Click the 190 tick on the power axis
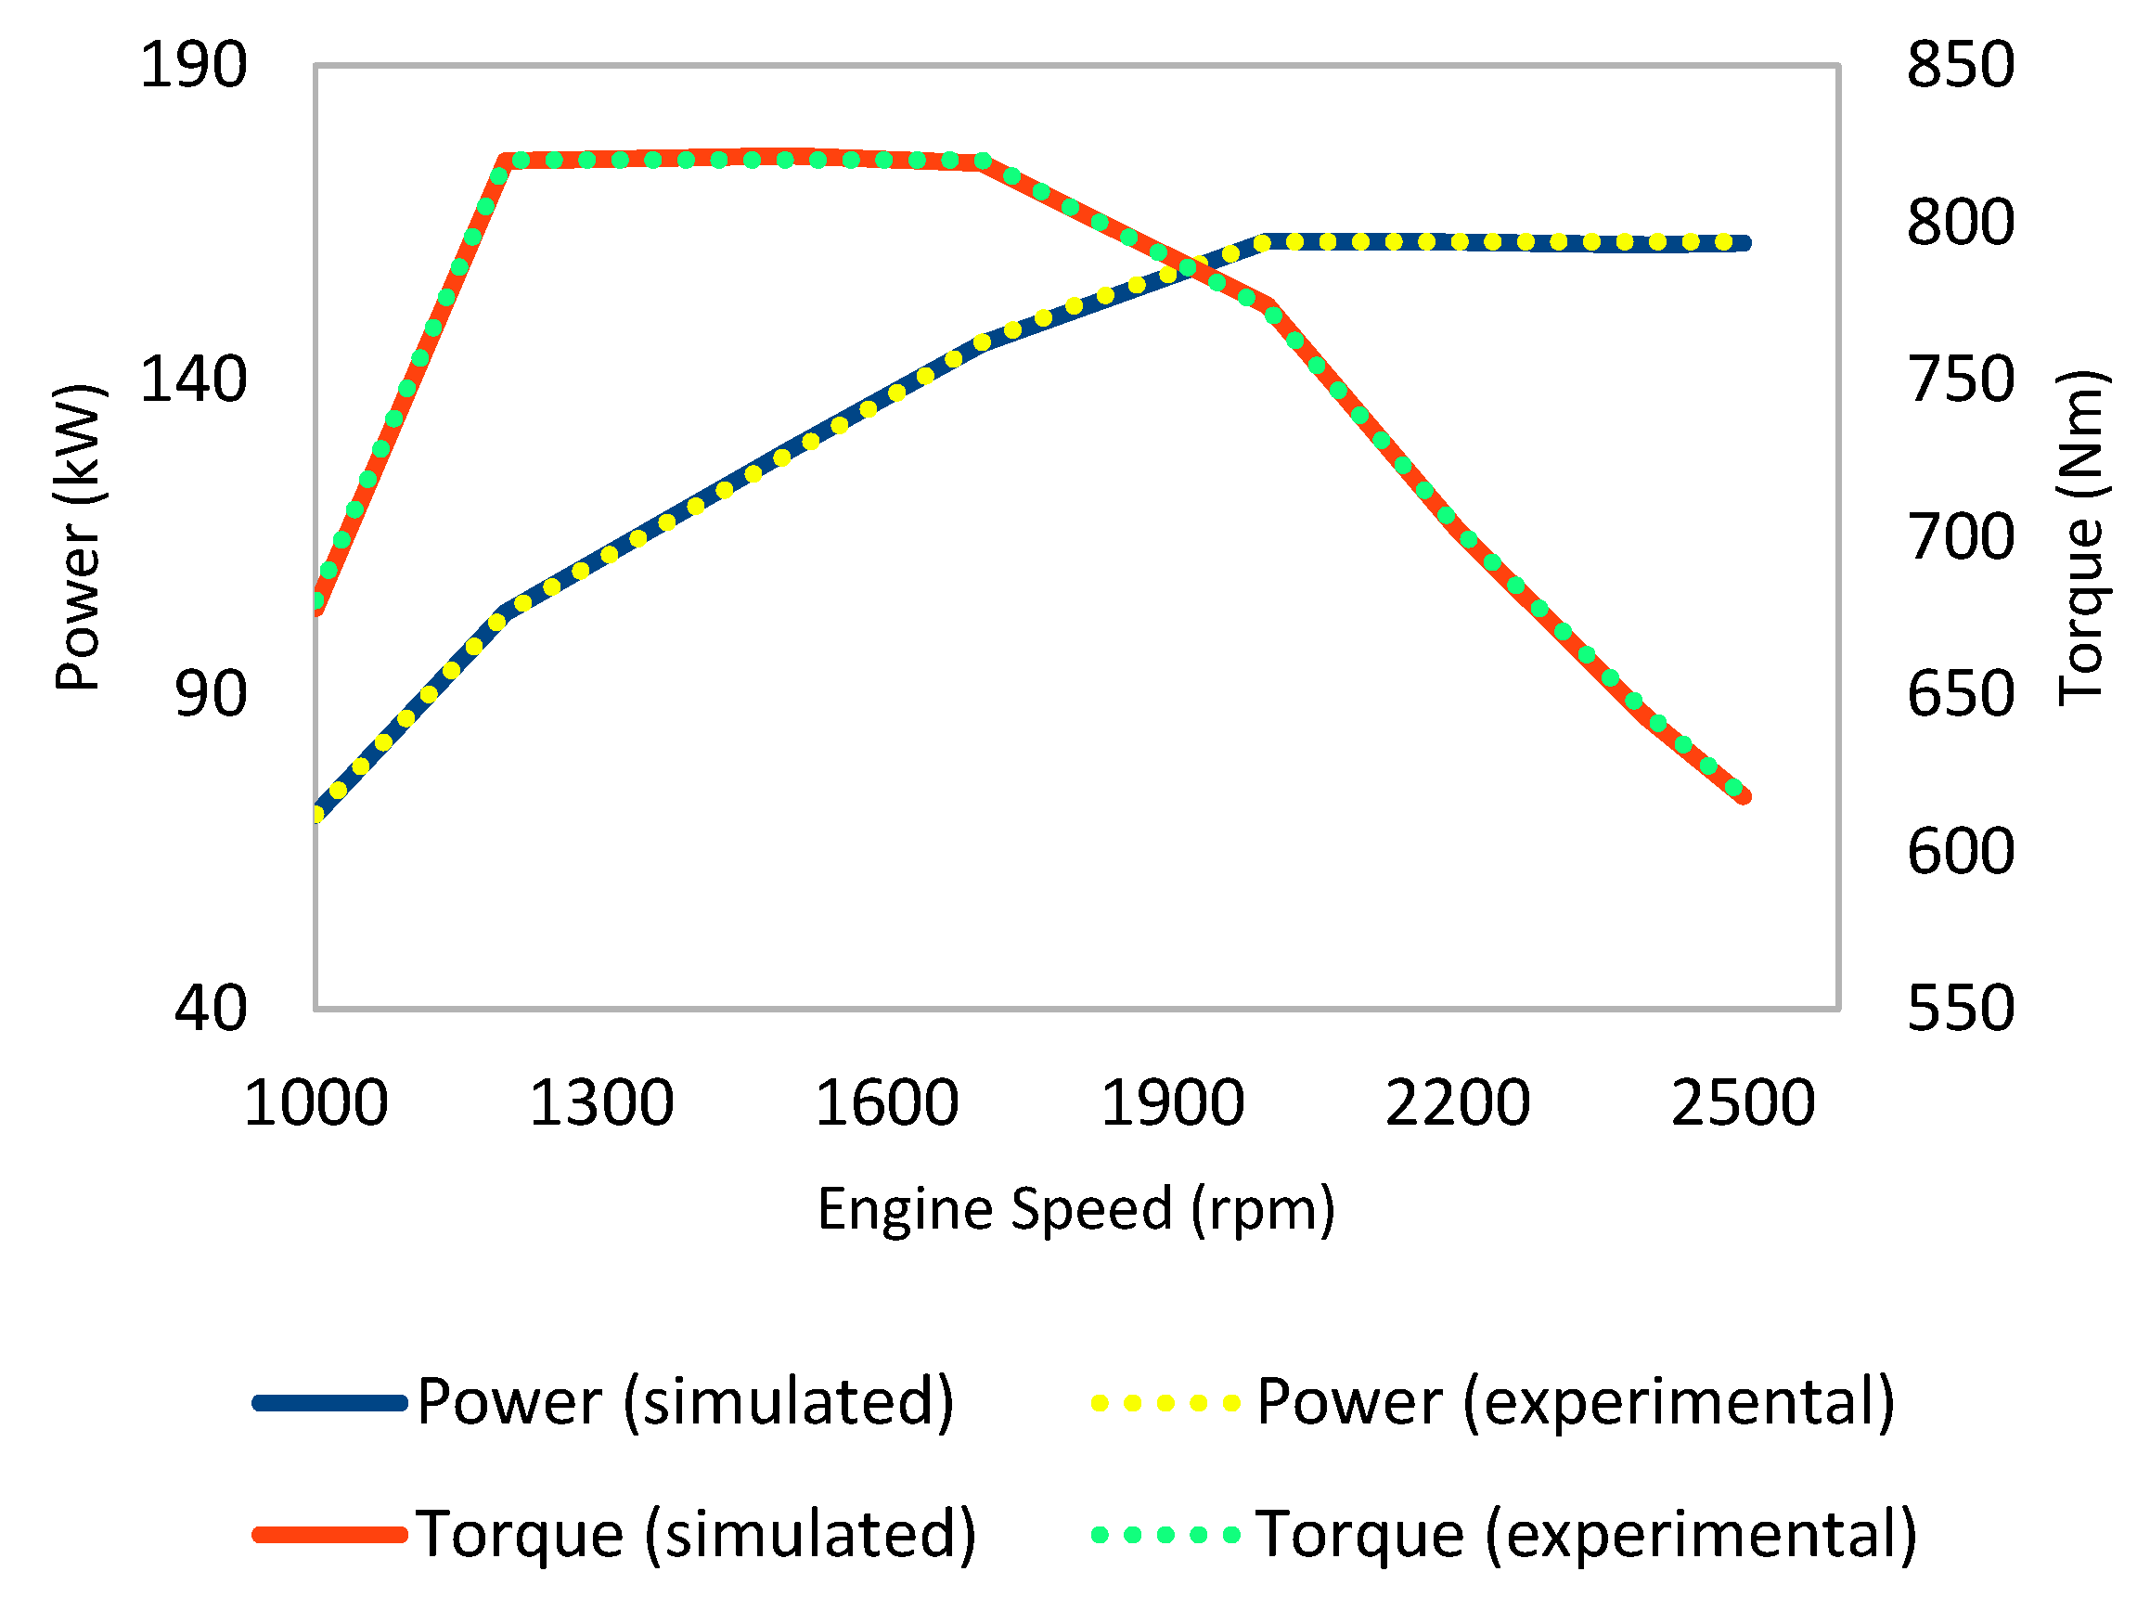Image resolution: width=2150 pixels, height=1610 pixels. [193, 66]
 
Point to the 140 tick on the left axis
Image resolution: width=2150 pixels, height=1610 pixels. [193, 380]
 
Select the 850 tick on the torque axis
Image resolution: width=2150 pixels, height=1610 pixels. [1961, 66]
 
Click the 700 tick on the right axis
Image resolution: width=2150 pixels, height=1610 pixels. [1961, 536]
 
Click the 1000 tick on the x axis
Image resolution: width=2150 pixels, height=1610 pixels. [315, 1102]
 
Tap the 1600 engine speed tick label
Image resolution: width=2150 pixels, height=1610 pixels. [886, 1102]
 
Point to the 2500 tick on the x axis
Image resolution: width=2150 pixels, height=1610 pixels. [1743, 1102]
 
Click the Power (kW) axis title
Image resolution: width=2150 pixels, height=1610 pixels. [78, 536]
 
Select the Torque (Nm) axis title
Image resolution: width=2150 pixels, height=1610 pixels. [2080, 536]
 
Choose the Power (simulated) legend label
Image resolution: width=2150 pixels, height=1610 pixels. [685, 1401]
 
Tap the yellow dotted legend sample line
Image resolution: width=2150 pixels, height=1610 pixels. [1165, 1403]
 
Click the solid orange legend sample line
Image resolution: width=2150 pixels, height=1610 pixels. [328, 1535]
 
